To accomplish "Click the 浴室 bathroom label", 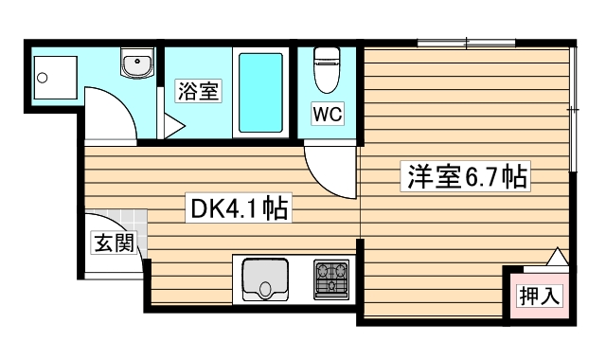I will [199, 92].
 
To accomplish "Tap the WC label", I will [328, 114].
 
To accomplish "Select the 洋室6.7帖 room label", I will [468, 176].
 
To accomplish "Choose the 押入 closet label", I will [539, 295].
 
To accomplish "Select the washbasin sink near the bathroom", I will [136, 64].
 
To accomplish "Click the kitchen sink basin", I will [264, 279].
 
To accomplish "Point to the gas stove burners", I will [332, 279].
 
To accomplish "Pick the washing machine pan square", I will [51, 77].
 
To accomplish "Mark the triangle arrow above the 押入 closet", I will [557, 257].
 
